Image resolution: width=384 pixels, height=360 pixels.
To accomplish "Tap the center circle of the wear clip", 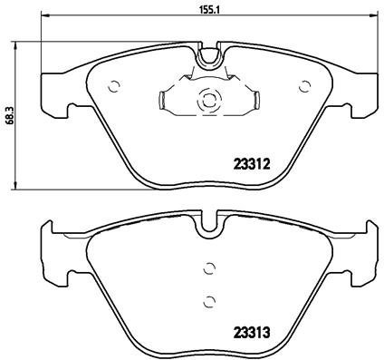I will (206, 102).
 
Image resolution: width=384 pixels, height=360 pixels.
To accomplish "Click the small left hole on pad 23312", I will (113, 88).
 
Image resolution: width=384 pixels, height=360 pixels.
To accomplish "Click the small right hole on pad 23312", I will (300, 88).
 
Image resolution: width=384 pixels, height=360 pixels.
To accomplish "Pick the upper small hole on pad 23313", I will (209, 268).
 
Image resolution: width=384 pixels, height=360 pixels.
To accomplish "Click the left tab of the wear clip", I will (163, 101).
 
